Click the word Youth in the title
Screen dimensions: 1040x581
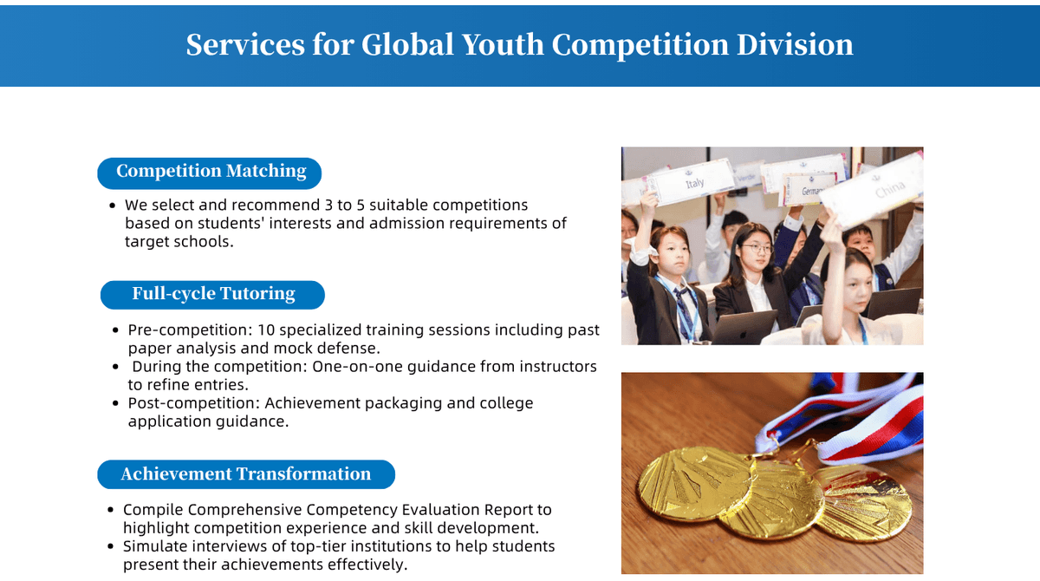click(503, 44)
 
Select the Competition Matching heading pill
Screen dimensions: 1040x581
click(210, 173)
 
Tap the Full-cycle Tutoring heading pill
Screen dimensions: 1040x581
click(212, 295)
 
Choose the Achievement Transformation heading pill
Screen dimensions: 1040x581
click(246, 474)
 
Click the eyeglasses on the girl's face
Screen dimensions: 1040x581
click(757, 249)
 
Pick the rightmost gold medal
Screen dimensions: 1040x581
click(863, 504)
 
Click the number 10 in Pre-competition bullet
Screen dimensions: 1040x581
click(266, 330)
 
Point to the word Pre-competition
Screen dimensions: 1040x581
click(190, 330)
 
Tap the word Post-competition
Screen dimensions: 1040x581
click(194, 403)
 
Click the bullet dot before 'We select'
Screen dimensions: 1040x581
click(112, 206)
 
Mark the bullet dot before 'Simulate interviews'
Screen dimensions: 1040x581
click(110, 546)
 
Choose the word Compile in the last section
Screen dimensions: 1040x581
click(153, 510)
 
